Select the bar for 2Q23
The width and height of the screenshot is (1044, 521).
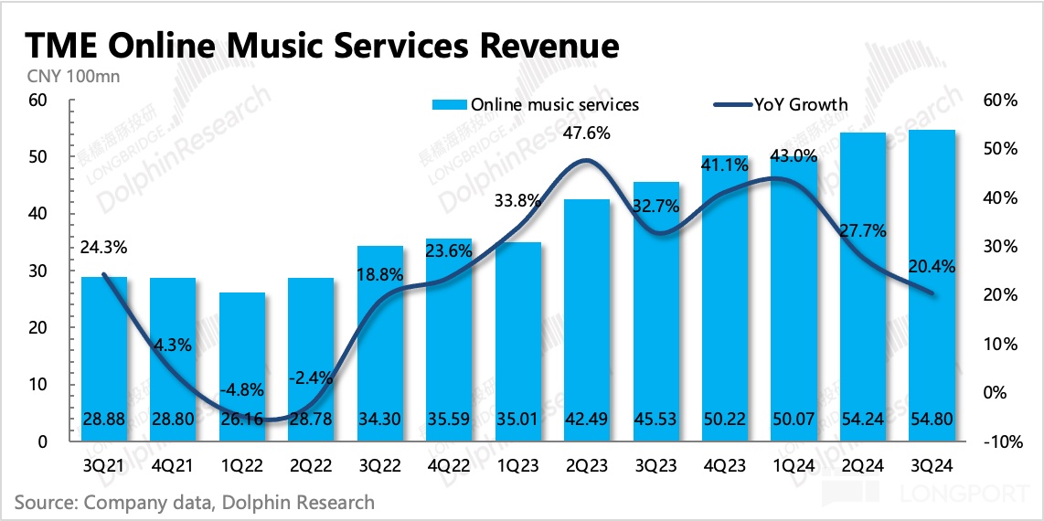click(587, 320)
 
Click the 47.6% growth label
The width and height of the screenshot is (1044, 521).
click(587, 133)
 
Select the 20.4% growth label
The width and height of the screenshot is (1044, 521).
click(932, 268)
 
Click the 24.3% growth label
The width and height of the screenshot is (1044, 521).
click(104, 246)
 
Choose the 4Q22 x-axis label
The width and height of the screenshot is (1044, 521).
click(449, 465)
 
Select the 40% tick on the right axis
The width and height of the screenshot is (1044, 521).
click(999, 198)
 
